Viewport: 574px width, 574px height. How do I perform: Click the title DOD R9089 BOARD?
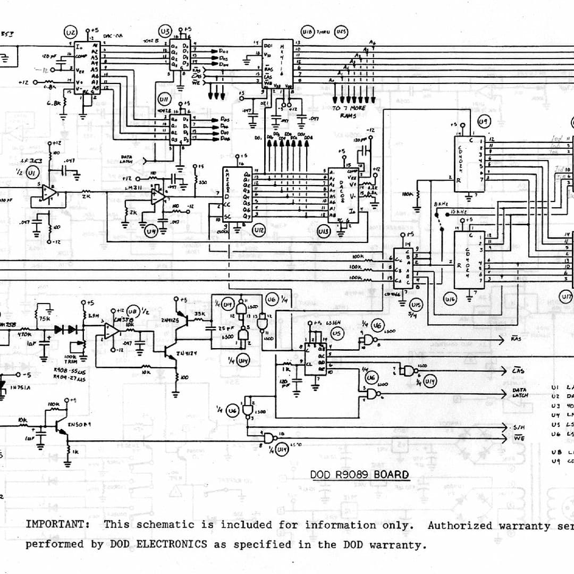[360, 475]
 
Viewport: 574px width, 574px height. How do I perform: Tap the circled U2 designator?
[70, 32]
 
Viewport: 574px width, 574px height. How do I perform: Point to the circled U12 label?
[259, 232]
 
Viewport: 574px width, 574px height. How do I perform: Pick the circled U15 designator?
[416, 305]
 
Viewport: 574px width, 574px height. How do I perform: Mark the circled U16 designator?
[450, 300]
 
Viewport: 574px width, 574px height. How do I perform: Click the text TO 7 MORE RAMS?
[349, 112]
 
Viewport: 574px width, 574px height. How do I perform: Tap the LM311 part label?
[131, 188]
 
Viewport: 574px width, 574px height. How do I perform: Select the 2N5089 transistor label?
[80, 425]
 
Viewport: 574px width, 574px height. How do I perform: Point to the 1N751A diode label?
[21, 387]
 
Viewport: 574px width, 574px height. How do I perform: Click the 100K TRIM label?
[71, 360]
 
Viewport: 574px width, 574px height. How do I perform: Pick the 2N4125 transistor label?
[170, 320]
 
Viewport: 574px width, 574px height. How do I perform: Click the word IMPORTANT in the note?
[57, 525]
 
